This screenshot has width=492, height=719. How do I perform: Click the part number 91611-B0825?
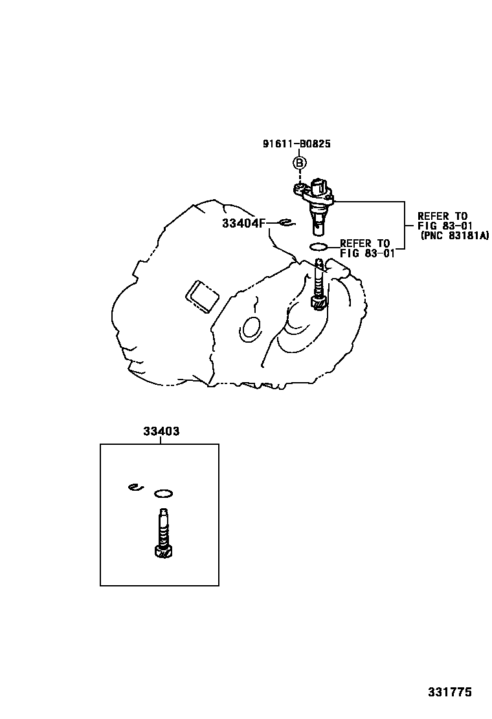coord(296,144)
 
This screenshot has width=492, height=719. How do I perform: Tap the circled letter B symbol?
coord(299,163)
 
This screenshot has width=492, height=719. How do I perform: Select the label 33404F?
coord(243,223)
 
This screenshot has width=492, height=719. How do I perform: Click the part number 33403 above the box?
coord(161,431)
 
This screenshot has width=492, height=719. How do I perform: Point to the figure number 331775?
coord(450,692)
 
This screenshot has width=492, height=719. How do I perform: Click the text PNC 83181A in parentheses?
coord(455,236)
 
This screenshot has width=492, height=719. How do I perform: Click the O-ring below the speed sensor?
coord(318,247)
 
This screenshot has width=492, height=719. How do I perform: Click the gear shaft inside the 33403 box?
coord(163,533)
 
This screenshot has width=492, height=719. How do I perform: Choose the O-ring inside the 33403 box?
coord(163,494)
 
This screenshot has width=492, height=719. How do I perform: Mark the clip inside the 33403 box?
coord(135,487)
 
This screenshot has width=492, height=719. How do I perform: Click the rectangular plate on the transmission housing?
coord(201,296)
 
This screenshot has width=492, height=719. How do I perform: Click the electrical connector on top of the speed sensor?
coord(319,187)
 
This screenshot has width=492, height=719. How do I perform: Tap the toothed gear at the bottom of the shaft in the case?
coord(319,303)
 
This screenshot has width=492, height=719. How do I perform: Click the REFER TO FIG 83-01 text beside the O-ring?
coord(367,248)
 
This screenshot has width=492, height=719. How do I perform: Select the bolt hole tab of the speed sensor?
coord(299,188)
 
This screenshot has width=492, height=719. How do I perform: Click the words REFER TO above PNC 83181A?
coord(442,216)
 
